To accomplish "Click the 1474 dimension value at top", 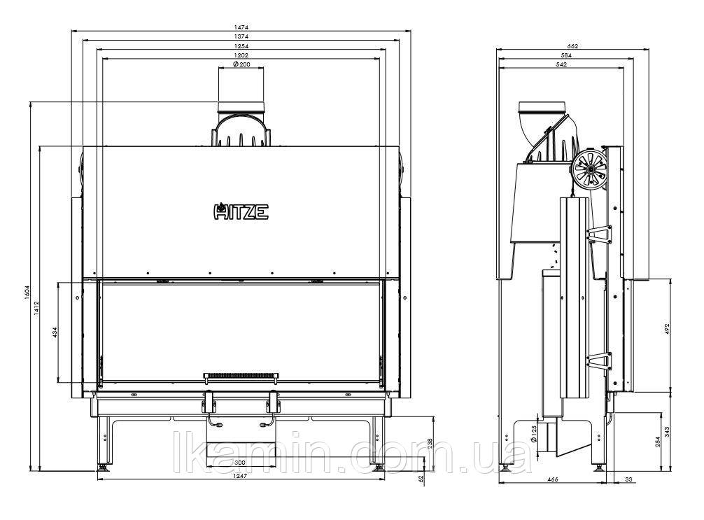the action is click(x=241, y=27).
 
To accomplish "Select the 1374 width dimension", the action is click(x=241, y=36).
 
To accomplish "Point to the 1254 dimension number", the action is click(x=241, y=45).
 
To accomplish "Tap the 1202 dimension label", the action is click(x=241, y=55).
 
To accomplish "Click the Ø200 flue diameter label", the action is click(x=241, y=64).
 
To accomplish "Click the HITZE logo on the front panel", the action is click(x=241, y=211).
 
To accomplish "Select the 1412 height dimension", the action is click(x=37, y=309).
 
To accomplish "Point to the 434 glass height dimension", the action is click(x=55, y=332).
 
